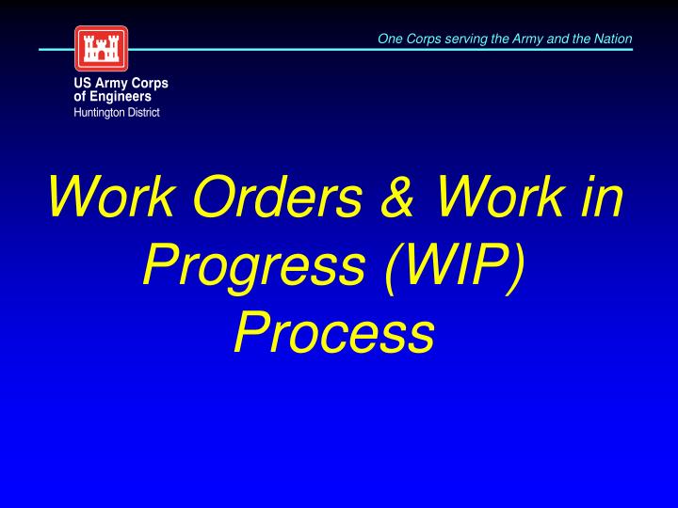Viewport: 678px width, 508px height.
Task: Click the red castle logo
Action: (x=101, y=49)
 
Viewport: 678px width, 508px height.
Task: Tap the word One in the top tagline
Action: (x=389, y=39)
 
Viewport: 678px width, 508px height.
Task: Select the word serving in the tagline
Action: (x=460, y=39)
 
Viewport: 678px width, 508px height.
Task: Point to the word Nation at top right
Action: (x=614, y=39)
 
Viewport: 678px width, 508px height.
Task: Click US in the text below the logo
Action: (x=82, y=84)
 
